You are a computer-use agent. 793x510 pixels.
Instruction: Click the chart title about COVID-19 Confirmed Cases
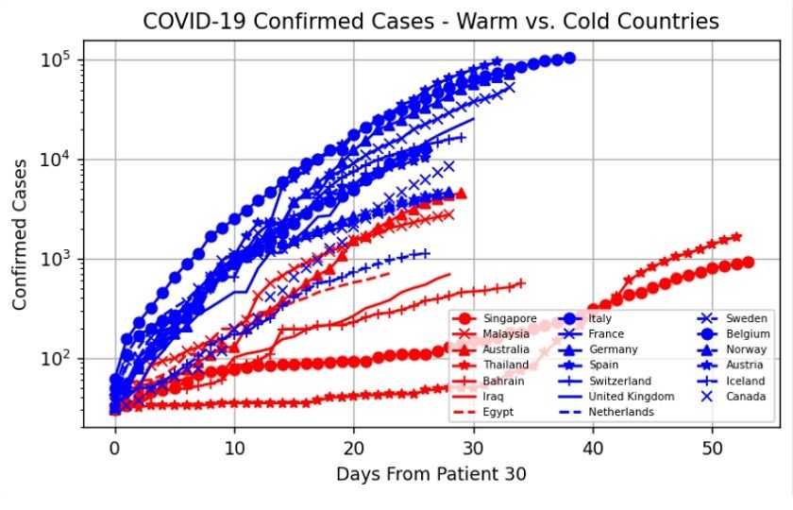(430, 21)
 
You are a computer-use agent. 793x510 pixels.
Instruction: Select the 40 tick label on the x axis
(592, 444)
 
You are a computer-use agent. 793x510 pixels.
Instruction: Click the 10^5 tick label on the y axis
(54, 60)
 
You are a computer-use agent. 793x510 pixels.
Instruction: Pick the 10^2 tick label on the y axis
(54, 359)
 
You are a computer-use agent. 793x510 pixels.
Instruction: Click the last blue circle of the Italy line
(569, 59)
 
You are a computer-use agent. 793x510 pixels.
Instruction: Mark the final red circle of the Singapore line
(748, 262)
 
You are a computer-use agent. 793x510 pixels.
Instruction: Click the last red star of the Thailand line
(736, 237)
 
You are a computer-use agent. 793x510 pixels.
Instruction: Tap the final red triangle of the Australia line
(461, 194)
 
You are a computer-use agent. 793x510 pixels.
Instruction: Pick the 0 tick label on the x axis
(115, 444)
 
